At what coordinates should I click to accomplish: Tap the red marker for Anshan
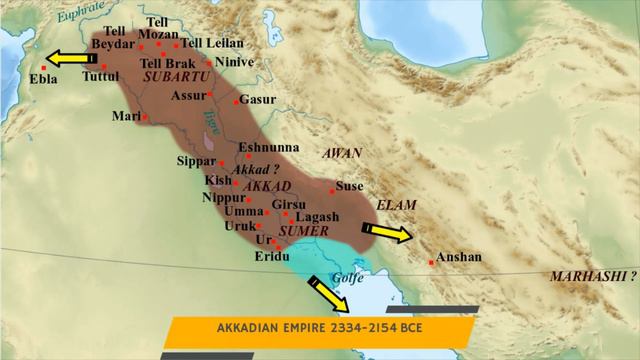[x=431, y=262]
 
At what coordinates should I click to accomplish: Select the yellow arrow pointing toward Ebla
[x=71, y=59]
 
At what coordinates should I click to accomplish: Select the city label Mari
[x=126, y=116]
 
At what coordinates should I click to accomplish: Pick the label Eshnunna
[x=266, y=147]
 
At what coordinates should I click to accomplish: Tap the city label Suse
[x=348, y=186]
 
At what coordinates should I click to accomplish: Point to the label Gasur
[x=255, y=101]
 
